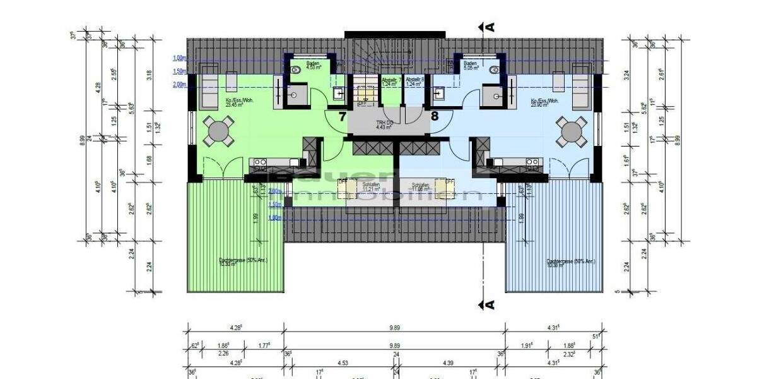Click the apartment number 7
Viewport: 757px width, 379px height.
[x=341, y=116]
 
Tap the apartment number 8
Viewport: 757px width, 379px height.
[x=435, y=116]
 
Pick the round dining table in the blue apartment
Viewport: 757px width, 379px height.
[x=572, y=131]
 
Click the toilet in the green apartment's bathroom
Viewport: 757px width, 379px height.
[x=296, y=71]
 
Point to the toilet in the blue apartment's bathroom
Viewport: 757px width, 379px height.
[x=494, y=71]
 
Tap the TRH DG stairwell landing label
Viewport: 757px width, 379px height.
[x=384, y=124]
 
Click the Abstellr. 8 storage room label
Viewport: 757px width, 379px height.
[x=414, y=81]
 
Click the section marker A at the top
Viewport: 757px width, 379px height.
[x=488, y=27]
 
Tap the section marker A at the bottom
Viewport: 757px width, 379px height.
[x=488, y=304]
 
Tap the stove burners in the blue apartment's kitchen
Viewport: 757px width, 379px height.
[x=532, y=162]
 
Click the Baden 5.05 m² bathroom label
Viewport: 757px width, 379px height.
[x=471, y=65]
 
